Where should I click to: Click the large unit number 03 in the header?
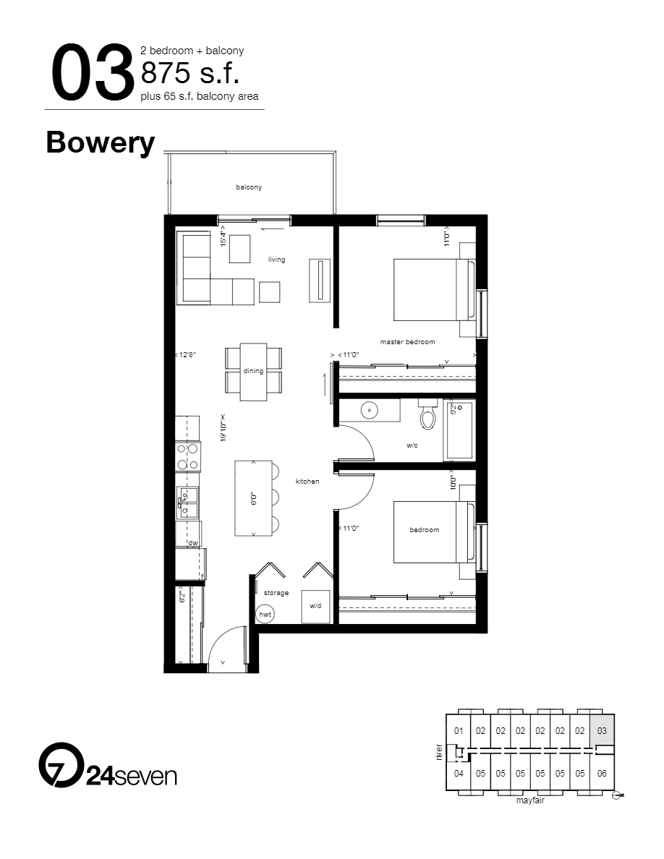[x=92, y=73]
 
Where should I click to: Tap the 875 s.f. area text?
[x=190, y=74]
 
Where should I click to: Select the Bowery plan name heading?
[x=101, y=142]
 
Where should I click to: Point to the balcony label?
[x=249, y=187]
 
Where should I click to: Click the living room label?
[x=276, y=260]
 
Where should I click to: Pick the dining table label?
[x=253, y=371]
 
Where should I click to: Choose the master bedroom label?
[x=407, y=342]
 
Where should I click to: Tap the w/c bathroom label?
[x=412, y=445]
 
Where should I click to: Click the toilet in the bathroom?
[x=427, y=416]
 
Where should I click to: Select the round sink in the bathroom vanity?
[x=370, y=411]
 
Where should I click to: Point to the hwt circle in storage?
[x=265, y=614]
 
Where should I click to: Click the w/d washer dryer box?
[x=315, y=606]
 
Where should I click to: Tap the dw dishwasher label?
[x=193, y=543]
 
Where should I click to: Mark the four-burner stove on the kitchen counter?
[x=187, y=457]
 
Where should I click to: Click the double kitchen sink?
[x=188, y=502]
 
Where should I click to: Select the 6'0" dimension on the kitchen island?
[x=253, y=499]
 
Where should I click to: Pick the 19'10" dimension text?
[x=224, y=432]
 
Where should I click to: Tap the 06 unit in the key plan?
[x=602, y=773]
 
